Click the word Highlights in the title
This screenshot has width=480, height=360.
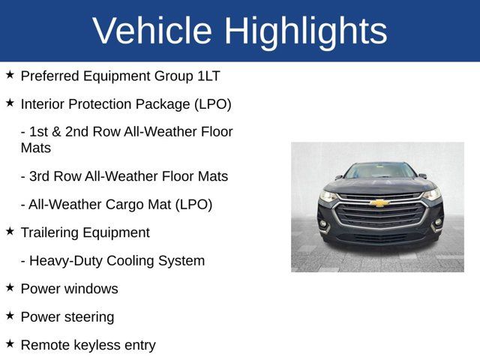[x=305, y=31]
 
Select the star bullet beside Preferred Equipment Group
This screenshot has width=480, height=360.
[x=10, y=75]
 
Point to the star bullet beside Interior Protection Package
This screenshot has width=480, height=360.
[x=10, y=103]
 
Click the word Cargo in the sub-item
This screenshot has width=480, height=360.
[x=122, y=205]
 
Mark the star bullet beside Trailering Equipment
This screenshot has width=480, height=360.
[x=10, y=232]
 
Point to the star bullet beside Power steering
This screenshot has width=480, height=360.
[x=10, y=316]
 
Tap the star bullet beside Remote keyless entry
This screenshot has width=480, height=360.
[x=10, y=343]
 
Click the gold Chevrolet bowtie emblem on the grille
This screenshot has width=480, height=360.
[x=380, y=203]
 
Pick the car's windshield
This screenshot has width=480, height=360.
[x=380, y=171]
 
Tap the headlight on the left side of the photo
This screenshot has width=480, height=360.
[x=328, y=196]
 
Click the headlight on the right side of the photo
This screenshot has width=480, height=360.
[x=432, y=194]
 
